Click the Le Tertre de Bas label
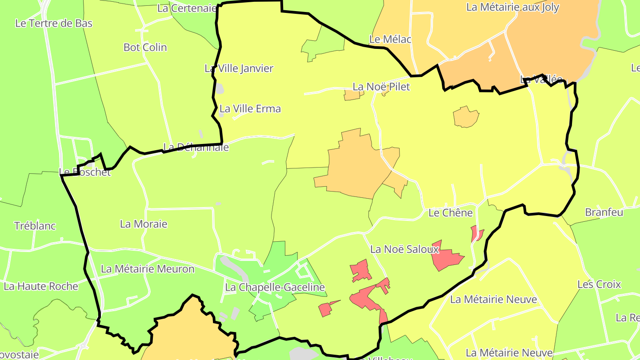tap(54, 24)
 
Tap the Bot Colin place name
tap(145, 48)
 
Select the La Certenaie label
tap(187, 8)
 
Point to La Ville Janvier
tap(239, 68)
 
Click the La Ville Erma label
tap(250, 109)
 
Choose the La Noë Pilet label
tap(381, 87)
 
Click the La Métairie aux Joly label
tap(512, 8)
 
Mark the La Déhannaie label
tap(196, 147)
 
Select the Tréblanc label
tap(35, 226)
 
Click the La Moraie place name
tap(144, 224)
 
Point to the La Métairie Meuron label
tap(148, 269)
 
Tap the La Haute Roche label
tap(41, 287)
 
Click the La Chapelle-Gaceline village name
tap(275, 288)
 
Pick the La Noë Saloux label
tap(404, 249)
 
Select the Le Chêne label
tap(451, 213)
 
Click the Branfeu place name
tap(604, 212)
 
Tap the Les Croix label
tap(599, 284)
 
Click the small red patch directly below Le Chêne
tap(476, 233)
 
